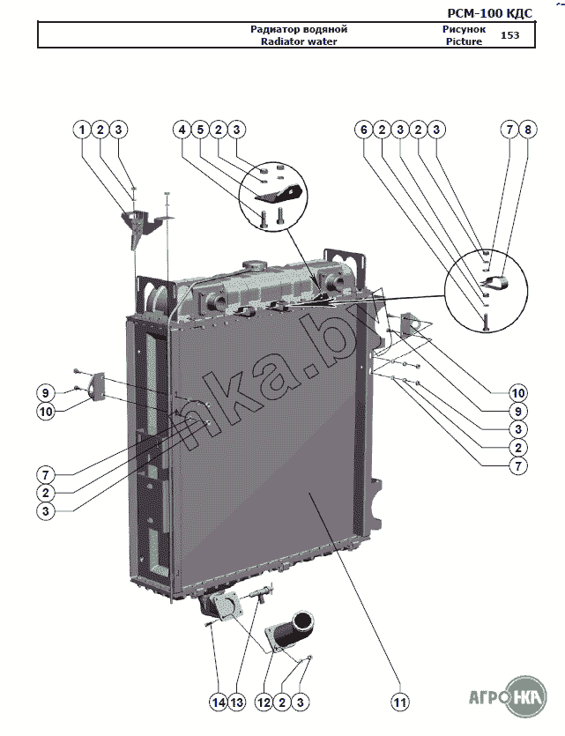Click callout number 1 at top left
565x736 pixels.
(82, 129)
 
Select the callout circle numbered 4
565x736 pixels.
(182, 129)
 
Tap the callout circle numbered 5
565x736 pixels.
(200, 129)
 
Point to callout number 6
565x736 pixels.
(362, 129)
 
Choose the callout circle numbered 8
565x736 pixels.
(527, 129)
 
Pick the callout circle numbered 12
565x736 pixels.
(263, 703)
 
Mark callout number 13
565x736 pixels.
(236, 703)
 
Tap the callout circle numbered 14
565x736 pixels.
(218, 703)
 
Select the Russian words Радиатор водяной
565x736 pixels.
(294, 29)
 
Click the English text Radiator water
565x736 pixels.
(294, 41)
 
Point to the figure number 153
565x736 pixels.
(509, 35)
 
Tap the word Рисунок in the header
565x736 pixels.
(464, 29)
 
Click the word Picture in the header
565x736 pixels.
(464, 41)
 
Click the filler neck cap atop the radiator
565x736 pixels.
(256, 264)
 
